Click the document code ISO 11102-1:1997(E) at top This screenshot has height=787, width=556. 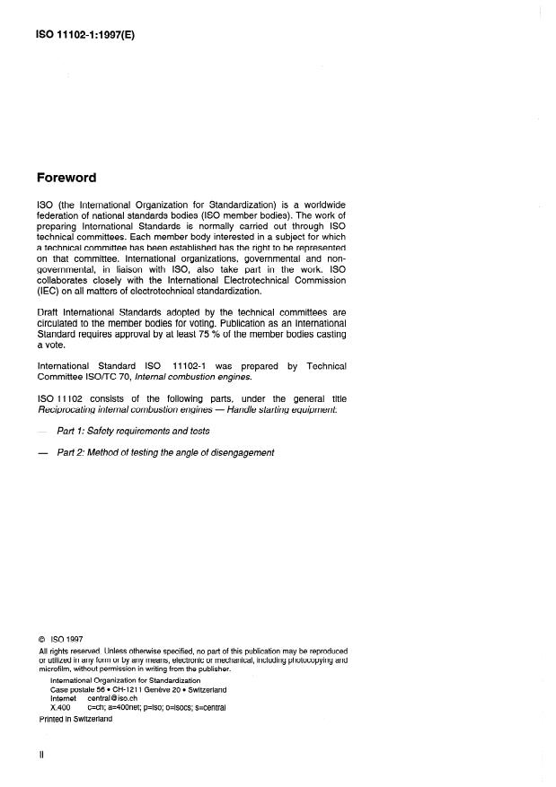coord(84,39)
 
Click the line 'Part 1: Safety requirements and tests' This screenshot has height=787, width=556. coord(133,431)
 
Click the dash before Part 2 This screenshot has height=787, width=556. coord(42,452)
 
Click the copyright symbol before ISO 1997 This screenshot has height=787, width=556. coord(42,640)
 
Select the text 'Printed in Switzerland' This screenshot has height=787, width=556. coord(76,719)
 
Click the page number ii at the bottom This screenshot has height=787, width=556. coord(41,755)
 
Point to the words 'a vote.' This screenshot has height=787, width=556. coord(52,345)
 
